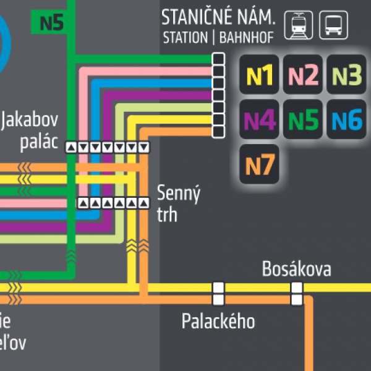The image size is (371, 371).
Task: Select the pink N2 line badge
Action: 303,75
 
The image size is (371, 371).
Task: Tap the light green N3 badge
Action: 346,75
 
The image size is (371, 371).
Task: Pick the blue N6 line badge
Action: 346,119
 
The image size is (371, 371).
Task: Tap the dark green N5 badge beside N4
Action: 303,119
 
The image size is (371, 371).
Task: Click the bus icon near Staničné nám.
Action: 334,25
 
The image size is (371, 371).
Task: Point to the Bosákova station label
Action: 296,270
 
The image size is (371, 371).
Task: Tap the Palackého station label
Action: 218,321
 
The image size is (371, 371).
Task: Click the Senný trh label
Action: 179,203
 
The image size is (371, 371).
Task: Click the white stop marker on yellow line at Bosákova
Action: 297,288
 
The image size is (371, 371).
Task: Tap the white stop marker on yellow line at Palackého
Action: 218,288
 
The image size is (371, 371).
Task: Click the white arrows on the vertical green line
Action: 70,254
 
